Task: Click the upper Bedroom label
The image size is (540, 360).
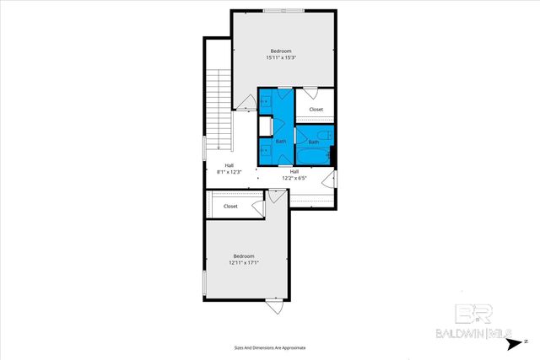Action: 283,51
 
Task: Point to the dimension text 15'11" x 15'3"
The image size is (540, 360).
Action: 283,57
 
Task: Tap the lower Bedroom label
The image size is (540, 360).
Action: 244,255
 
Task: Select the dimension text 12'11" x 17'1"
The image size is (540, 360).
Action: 244,262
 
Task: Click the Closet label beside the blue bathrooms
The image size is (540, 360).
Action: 316,110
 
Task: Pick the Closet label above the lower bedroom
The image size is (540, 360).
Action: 230,206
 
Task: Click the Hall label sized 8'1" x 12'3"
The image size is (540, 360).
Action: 229,165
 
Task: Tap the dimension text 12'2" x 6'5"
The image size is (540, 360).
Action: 294,178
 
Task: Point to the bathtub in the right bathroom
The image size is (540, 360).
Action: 314,156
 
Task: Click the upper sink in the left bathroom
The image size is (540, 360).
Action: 264,101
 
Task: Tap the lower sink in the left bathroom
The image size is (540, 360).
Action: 264,151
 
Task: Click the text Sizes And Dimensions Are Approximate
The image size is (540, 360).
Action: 270,347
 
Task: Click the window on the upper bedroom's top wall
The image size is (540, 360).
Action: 283,10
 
